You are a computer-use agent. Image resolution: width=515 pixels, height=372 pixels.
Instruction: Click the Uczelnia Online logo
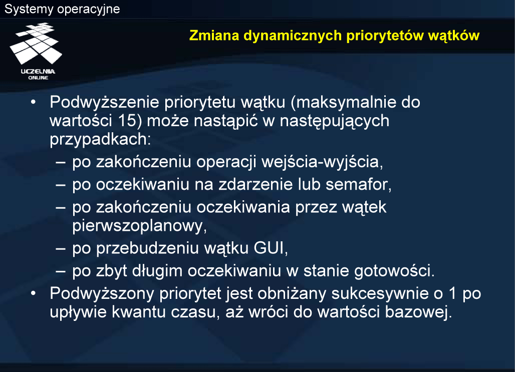coord(36,51)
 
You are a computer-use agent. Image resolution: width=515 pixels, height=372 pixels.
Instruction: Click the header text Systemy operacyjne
coord(62,9)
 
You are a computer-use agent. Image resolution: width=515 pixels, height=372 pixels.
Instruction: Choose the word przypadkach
coord(100,139)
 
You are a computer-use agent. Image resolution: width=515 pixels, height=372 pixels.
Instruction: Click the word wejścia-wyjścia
coord(322,162)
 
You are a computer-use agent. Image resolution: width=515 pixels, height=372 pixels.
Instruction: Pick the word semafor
coord(358,185)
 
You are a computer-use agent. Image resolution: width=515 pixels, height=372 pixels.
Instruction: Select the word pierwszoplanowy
coord(139,226)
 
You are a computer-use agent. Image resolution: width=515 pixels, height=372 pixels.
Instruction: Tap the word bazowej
coord(418,311)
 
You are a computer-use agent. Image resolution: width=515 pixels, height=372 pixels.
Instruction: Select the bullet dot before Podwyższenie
coord(33,103)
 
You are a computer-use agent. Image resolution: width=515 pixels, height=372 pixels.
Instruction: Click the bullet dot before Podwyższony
coord(33,293)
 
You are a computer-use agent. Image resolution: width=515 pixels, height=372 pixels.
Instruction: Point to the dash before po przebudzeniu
coord(61,248)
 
